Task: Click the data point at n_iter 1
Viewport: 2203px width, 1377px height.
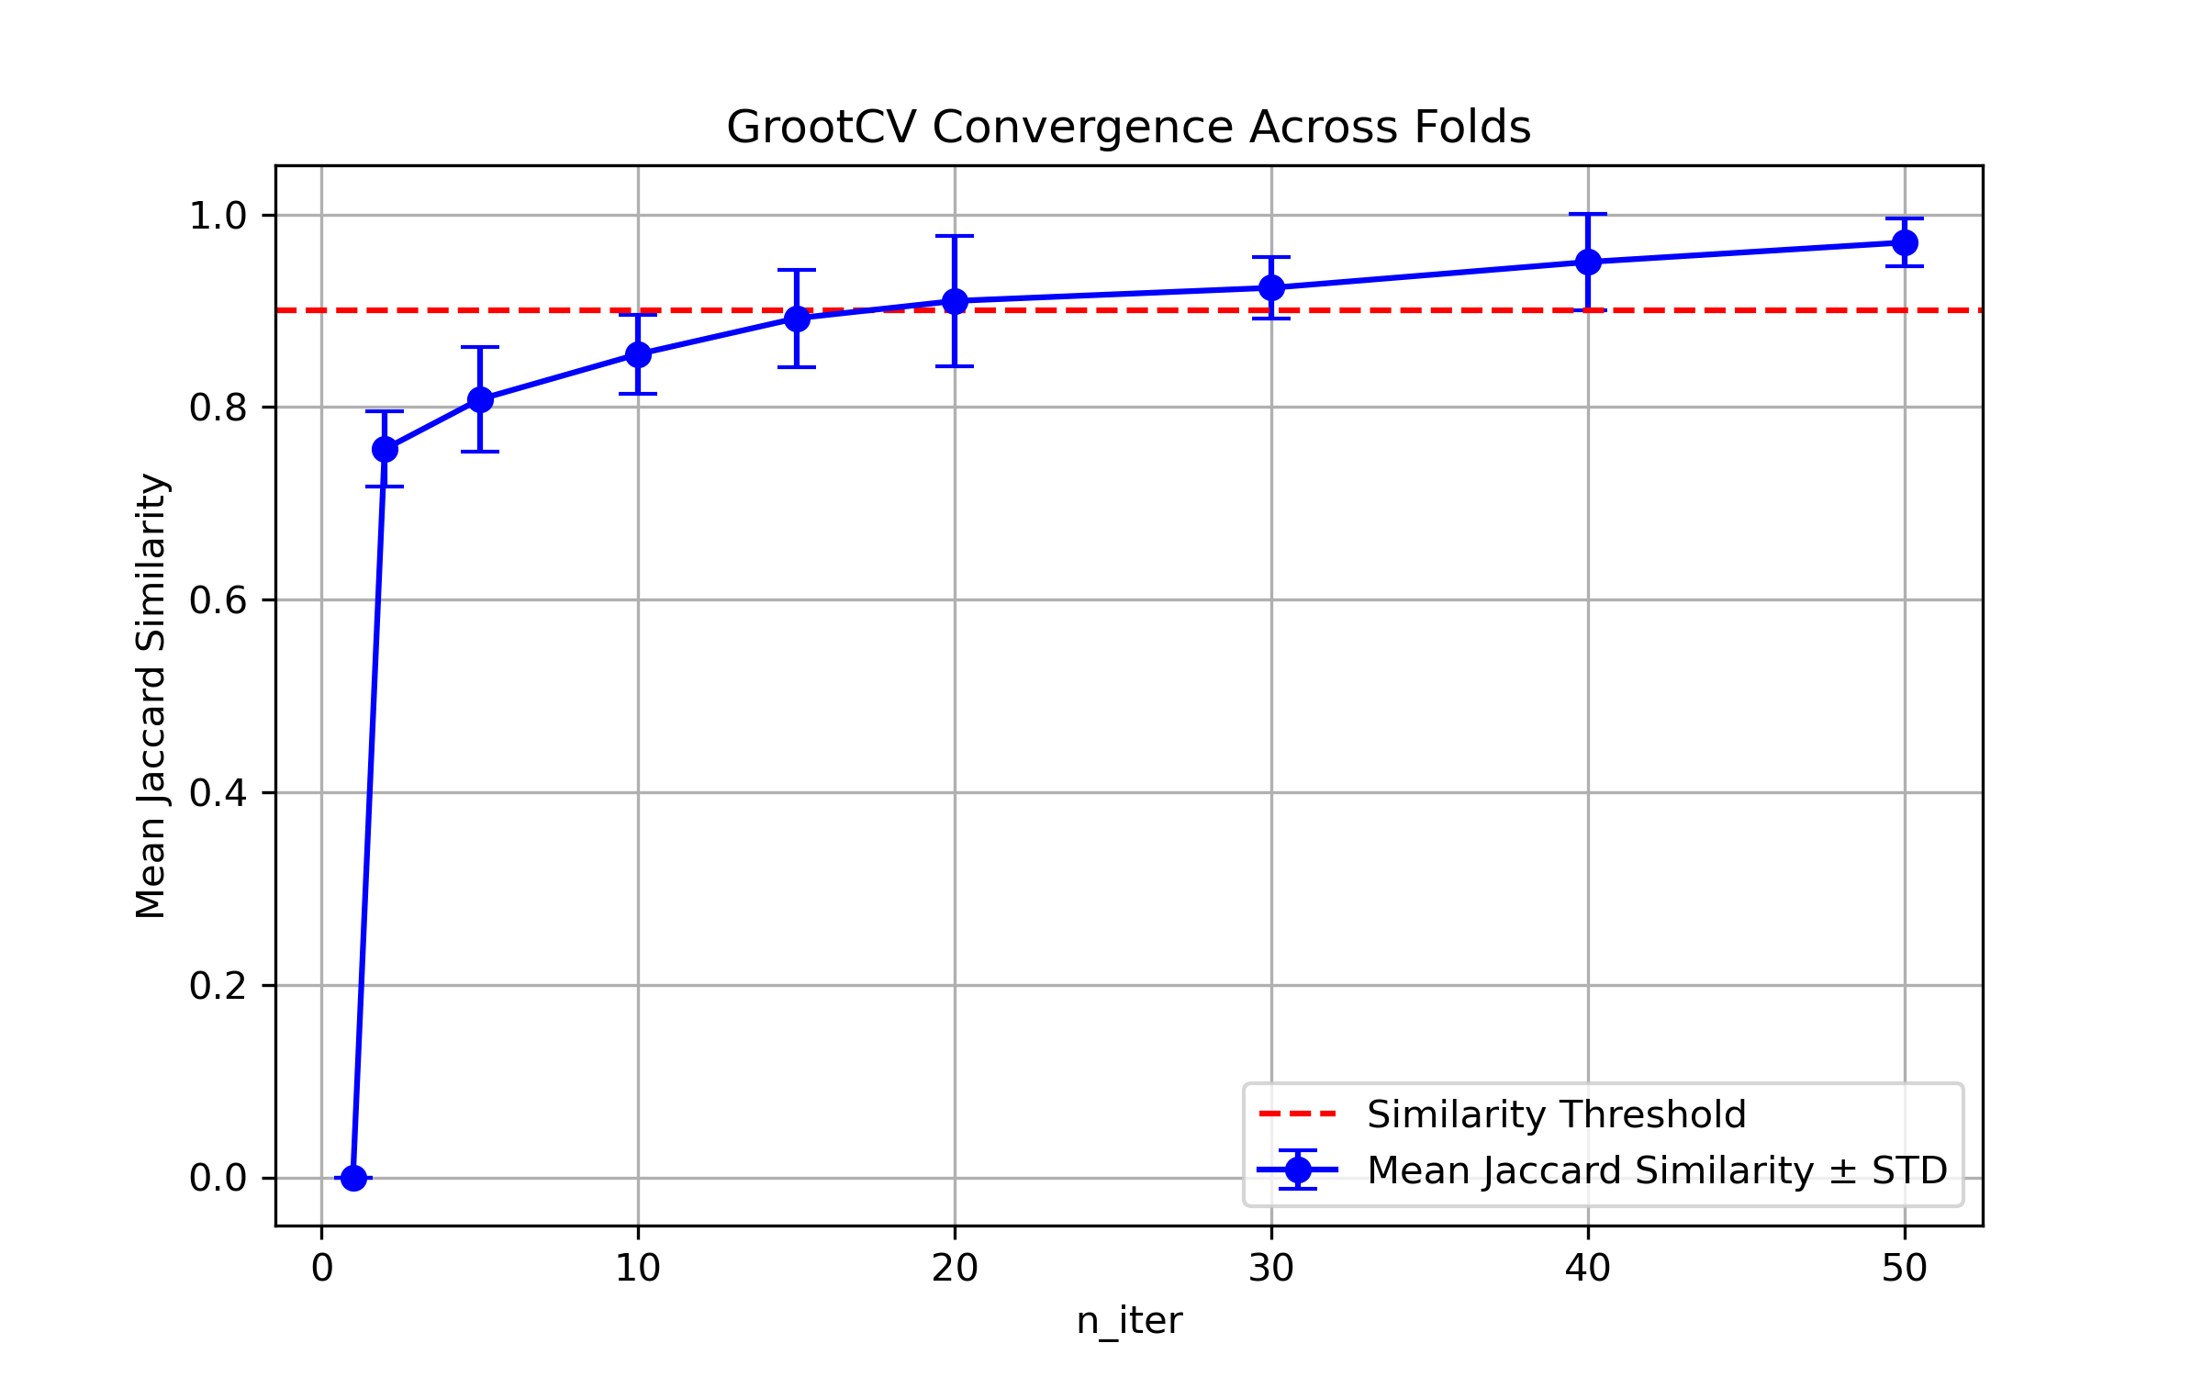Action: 353,1178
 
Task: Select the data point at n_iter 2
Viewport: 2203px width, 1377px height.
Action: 385,449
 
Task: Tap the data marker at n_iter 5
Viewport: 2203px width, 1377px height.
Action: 480,399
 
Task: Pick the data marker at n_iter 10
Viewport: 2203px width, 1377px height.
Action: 638,354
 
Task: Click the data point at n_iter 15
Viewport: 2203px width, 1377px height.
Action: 797,319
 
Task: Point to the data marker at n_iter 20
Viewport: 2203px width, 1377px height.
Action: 955,301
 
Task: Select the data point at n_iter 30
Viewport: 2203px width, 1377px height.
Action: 1271,287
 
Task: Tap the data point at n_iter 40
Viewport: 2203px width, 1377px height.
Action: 1588,262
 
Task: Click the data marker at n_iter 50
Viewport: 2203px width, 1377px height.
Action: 1905,242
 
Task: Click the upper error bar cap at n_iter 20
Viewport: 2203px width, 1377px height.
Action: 955,236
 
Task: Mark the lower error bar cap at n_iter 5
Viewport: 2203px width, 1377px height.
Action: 480,452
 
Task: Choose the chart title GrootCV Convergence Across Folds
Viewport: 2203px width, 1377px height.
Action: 1128,127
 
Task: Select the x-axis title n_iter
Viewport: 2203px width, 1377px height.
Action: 1129,1321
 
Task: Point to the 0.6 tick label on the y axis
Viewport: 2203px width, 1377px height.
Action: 218,600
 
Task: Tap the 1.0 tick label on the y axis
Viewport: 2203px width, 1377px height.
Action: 218,216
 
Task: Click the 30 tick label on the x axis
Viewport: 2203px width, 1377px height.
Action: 1271,1269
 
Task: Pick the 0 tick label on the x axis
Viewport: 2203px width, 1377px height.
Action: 321,1269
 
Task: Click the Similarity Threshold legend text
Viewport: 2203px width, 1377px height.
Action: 1556,1114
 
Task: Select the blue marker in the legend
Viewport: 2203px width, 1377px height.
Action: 1298,1170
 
